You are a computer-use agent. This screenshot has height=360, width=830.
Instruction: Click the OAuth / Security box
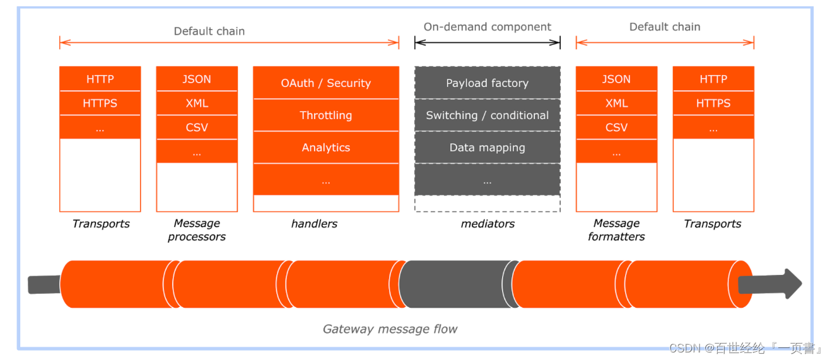click(326, 83)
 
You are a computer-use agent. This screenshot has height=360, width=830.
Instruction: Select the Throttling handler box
click(326, 115)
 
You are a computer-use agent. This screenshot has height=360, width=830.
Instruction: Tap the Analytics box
click(326, 148)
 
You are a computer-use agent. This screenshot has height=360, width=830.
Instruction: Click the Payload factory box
click(488, 83)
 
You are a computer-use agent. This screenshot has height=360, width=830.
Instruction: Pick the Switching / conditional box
click(488, 115)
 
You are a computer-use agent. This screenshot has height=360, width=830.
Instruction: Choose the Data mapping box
click(488, 148)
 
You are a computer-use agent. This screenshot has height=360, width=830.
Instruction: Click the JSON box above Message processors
click(197, 79)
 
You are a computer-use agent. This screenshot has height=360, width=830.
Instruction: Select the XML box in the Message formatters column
click(617, 103)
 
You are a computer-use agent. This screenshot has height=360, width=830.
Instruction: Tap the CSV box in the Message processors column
click(197, 127)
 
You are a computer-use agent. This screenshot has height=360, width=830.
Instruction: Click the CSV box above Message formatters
click(617, 127)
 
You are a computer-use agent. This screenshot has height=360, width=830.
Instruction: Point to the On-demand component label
click(488, 26)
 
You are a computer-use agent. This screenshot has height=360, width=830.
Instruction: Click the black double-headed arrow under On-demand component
click(488, 43)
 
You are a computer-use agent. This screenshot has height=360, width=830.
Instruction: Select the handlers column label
click(314, 223)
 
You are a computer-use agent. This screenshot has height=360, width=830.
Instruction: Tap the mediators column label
click(488, 223)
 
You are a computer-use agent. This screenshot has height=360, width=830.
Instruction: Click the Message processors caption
click(197, 229)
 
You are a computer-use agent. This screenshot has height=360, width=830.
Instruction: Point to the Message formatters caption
click(617, 229)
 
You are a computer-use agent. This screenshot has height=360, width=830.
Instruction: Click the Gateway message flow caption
click(390, 329)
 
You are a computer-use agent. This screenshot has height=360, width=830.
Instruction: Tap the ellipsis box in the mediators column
click(488, 180)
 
